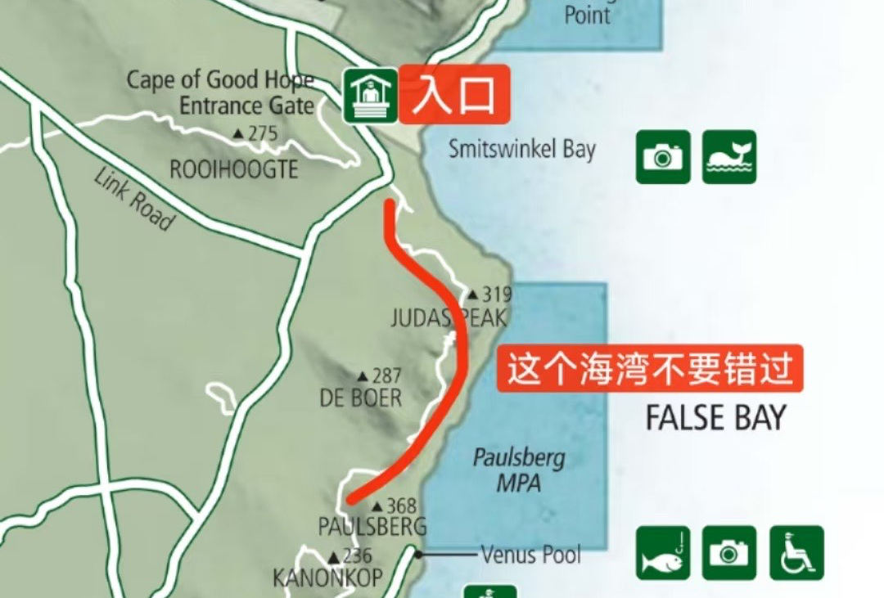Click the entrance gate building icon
click(370, 96)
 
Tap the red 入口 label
click(454, 94)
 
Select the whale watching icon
click(728, 156)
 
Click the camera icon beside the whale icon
click(663, 156)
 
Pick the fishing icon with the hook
click(663, 553)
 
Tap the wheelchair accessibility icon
click(796, 553)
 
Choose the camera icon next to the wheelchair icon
click(728, 553)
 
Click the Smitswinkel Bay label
click(522, 149)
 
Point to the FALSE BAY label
click(715, 418)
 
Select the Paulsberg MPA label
click(519, 470)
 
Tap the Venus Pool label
click(530, 555)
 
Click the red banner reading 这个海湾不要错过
click(651, 371)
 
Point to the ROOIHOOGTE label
click(233, 169)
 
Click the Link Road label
click(134, 199)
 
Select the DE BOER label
click(361, 398)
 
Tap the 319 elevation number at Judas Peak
click(497, 295)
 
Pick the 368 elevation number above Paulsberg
click(401, 506)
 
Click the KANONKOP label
click(327, 578)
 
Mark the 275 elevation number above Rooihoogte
click(263, 133)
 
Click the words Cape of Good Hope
click(220, 80)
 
